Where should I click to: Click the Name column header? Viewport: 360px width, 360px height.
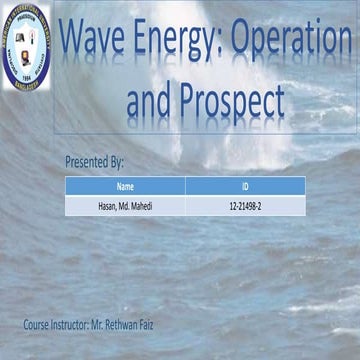125,186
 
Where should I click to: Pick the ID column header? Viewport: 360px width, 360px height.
245,186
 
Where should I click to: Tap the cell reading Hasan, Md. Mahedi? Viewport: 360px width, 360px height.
125,206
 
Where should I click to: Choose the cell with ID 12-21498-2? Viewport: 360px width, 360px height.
245,206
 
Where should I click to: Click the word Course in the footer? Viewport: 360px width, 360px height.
39,325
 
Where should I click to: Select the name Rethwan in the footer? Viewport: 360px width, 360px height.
140,325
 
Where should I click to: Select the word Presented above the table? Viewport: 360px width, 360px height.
86,160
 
